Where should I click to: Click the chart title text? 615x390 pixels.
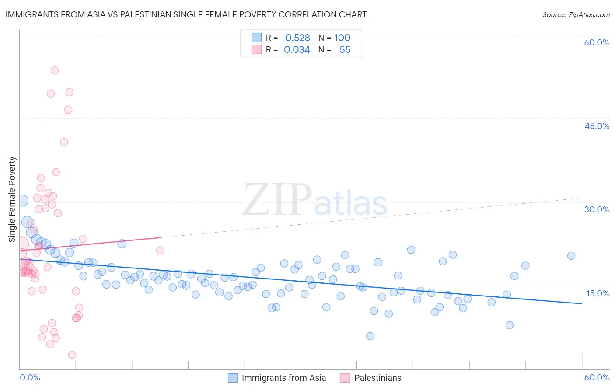pyautogui.click(x=186, y=14)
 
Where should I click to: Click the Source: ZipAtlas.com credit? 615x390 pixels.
pyautogui.click(x=576, y=14)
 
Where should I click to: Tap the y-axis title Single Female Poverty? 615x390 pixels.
pyautogui.click(x=12, y=199)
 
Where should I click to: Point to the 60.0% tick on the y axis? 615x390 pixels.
pyautogui.click(x=597, y=42)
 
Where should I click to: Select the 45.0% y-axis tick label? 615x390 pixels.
pyautogui.click(x=597, y=126)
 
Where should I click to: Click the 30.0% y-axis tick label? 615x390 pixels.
pyautogui.click(x=597, y=209)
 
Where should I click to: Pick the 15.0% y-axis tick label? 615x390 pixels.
pyautogui.click(x=598, y=293)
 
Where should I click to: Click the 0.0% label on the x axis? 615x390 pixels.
pyautogui.click(x=30, y=377)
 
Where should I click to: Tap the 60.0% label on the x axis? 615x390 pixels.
pyautogui.click(x=597, y=377)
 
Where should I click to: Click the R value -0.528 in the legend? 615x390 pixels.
pyautogui.click(x=296, y=38)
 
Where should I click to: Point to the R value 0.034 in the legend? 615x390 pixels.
pyautogui.click(x=297, y=49)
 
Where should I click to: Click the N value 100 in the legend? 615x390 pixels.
pyautogui.click(x=342, y=38)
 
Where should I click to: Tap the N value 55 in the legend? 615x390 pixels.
pyautogui.click(x=345, y=49)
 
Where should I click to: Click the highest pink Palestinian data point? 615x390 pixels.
pyautogui.click(x=55, y=70)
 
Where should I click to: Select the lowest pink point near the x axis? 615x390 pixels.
pyautogui.click(x=72, y=355)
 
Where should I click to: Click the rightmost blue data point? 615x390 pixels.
pyautogui.click(x=571, y=256)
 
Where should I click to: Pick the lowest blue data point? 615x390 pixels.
pyautogui.click(x=370, y=336)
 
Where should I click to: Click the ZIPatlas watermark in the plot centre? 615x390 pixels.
pyautogui.click(x=315, y=200)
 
